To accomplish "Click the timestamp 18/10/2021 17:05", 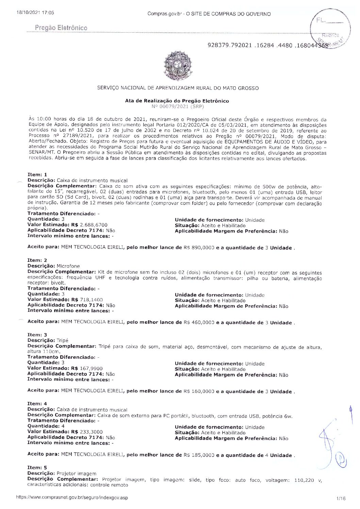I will [35, 13].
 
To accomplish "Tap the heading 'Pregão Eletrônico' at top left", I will [61, 28].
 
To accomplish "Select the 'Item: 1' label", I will [37, 174].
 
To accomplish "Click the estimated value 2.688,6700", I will [94, 225].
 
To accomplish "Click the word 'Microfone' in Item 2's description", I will [68, 266].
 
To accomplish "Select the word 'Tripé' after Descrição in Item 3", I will [62, 340].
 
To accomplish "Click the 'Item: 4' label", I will [37, 404].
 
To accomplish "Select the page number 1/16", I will [340, 498].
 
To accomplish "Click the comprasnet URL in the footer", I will [72, 497].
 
